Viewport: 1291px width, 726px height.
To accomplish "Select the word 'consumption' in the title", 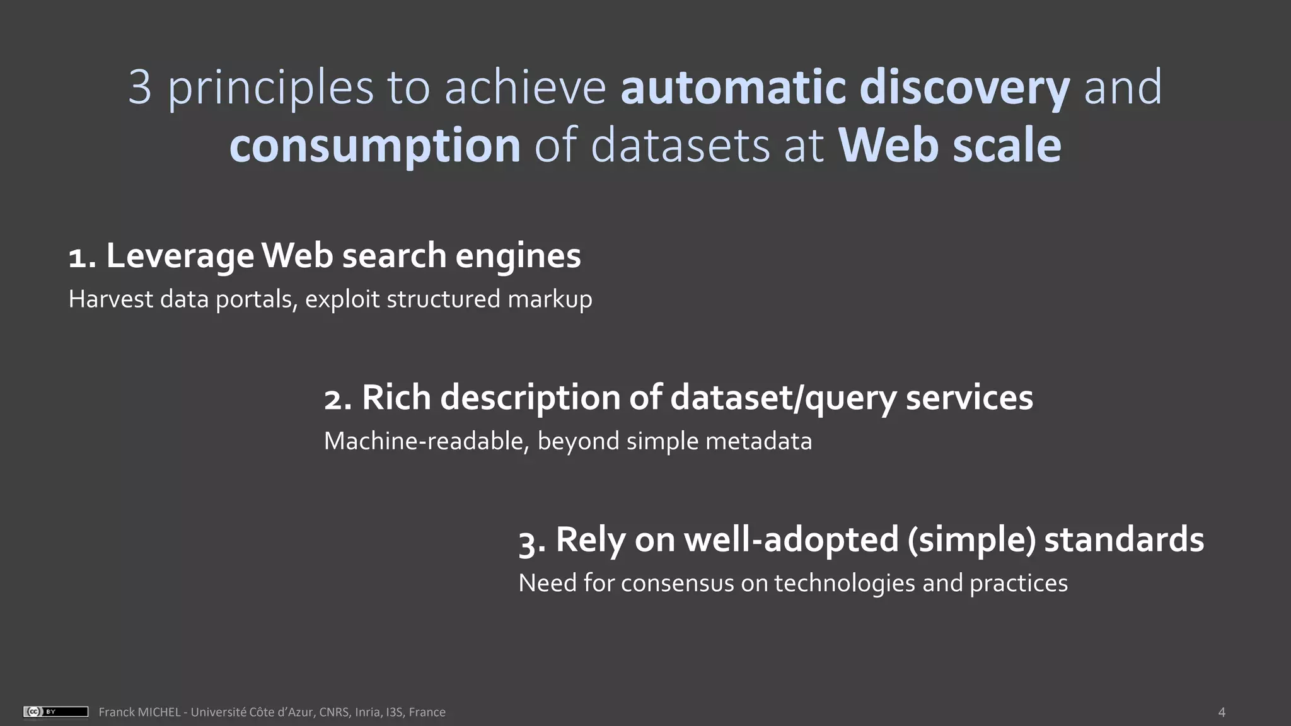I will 375,146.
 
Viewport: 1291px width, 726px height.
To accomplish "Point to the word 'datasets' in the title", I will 681,146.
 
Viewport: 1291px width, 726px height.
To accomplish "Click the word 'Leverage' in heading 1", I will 180,256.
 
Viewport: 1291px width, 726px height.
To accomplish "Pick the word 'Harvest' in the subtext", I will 110,299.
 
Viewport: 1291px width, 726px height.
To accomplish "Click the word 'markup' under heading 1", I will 550,299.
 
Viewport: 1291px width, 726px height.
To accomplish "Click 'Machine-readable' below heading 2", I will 426,441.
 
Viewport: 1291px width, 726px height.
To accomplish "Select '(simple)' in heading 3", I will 971,540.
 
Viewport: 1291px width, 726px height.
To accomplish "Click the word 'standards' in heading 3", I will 1124,540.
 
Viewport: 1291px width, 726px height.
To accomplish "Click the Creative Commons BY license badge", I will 55,712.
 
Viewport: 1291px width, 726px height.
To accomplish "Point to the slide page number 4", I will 1222,712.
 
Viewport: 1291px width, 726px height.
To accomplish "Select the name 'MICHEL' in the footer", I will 159,712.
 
